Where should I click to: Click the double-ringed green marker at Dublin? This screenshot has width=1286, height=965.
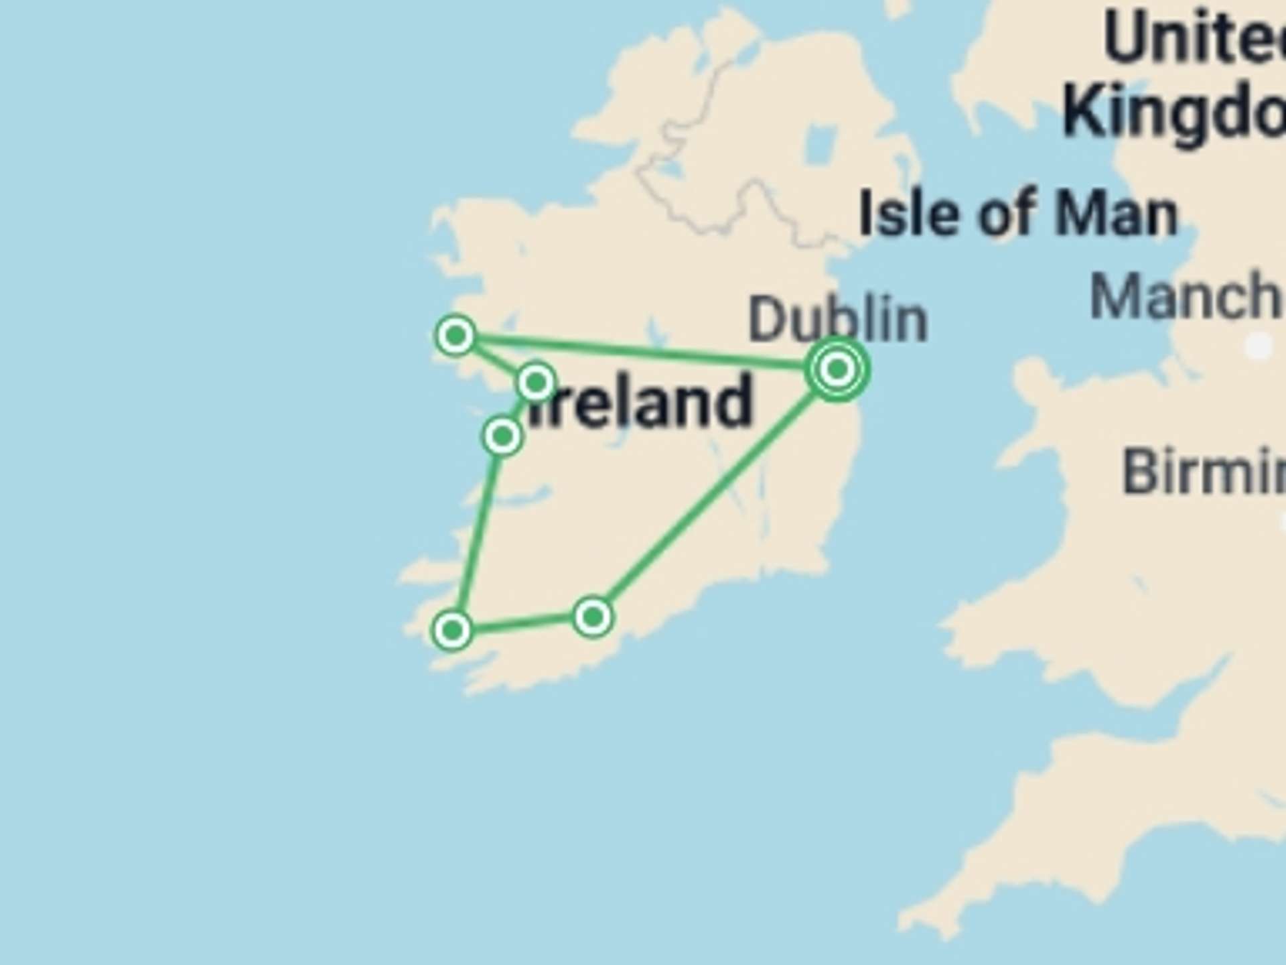point(837,369)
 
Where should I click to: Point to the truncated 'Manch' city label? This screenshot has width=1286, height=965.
point(1186,297)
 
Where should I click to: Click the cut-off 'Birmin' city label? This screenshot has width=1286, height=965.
point(1202,472)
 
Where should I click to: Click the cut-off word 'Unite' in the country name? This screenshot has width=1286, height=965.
point(1192,39)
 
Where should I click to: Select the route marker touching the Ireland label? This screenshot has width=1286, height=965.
point(536,383)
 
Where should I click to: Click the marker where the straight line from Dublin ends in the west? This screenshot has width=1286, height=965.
point(455,335)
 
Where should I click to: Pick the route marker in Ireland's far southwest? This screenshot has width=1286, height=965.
point(452,630)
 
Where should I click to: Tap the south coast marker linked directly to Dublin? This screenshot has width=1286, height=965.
point(593,617)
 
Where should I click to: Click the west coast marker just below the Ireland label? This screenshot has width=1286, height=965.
point(502,437)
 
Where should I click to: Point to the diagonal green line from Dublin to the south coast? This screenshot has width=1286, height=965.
point(710,496)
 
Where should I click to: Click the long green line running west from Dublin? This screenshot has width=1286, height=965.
point(643,350)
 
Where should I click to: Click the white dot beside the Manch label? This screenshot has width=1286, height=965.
point(1258,346)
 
